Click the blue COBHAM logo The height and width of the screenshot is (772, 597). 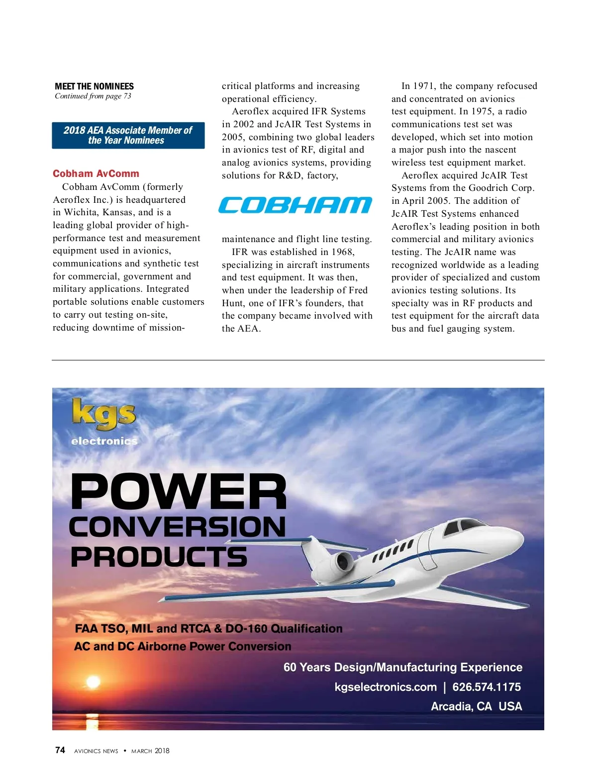[x=295, y=205]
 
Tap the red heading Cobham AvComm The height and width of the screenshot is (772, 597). [x=96, y=173]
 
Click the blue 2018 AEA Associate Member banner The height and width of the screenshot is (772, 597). [x=128, y=135]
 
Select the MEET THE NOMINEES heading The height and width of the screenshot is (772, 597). [x=94, y=86]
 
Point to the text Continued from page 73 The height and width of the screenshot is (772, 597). [x=93, y=96]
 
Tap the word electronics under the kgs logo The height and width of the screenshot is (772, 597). [x=104, y=441]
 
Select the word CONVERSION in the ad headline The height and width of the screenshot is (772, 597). [x=177, y=527]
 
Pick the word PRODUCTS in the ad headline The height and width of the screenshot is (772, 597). [x=159, y=557]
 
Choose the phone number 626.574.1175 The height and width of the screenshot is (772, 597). [x=487, y=687]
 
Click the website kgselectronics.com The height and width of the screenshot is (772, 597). [x=386, y=687]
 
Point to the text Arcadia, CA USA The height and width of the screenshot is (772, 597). [x=476, y=706]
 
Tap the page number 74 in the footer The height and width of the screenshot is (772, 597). [x=60, y=750]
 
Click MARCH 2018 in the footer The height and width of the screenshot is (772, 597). [x=150, y=751]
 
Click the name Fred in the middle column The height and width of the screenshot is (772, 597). [x=358, y=290]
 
